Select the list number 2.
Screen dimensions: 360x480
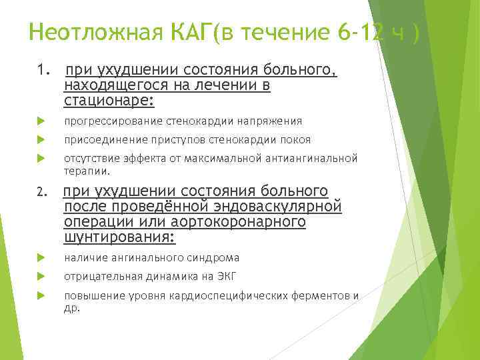(x=43, y=193)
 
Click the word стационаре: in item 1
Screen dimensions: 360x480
(x=109, y=101)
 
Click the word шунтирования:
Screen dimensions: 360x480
(x=120, y=237)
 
